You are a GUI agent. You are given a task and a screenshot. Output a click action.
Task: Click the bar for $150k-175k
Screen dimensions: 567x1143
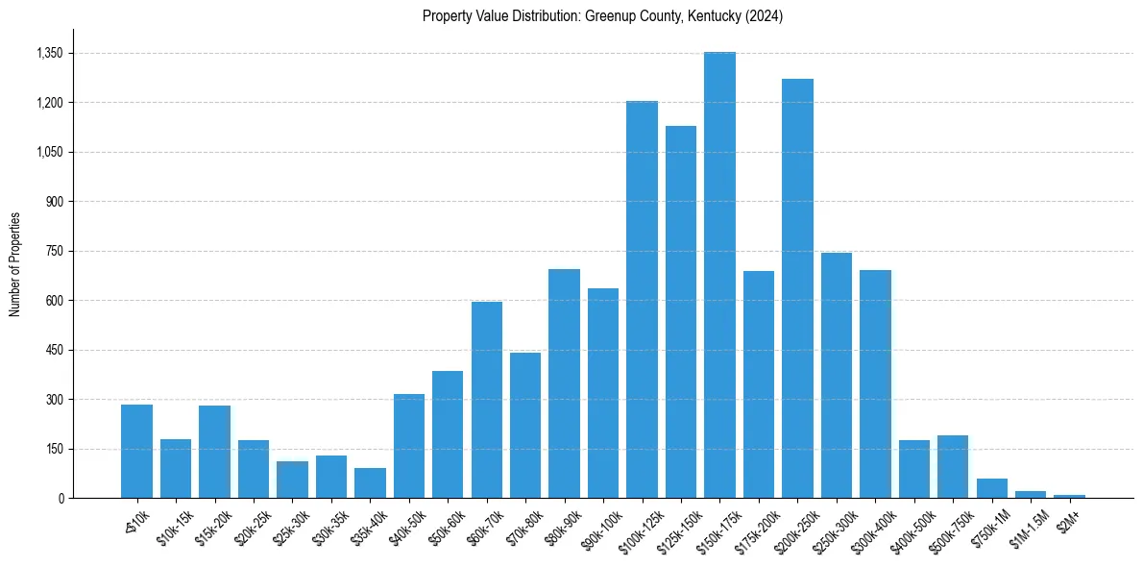coord(719,275)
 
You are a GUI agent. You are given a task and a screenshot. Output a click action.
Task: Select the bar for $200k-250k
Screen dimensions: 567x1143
coord(797,288)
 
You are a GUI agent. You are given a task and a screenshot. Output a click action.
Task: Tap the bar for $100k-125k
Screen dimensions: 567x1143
coord(642,299)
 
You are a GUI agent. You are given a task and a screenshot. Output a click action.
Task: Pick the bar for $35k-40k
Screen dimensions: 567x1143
coord(370,483)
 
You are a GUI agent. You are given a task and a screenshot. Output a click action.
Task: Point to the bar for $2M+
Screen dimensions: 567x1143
coord(1069,496)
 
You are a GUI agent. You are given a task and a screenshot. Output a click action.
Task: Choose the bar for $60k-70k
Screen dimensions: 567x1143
coord(487,400)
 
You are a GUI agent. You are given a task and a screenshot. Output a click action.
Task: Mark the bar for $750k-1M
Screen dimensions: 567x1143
coord(991,488)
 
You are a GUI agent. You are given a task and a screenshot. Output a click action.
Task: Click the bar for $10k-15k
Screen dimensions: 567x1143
coord(176,469)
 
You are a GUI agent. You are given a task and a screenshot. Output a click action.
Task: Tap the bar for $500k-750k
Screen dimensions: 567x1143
coord(953,467)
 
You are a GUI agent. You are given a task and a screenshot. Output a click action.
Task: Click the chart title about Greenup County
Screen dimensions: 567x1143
coord(603,16)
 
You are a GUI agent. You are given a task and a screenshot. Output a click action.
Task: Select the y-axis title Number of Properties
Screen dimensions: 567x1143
coord(15,264)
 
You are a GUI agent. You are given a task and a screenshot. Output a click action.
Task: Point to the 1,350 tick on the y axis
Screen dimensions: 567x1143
coord(49,53)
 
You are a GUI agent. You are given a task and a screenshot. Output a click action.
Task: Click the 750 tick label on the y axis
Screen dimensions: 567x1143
coord(54,251)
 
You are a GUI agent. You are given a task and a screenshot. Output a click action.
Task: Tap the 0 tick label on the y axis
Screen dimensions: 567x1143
coord(60,498)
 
